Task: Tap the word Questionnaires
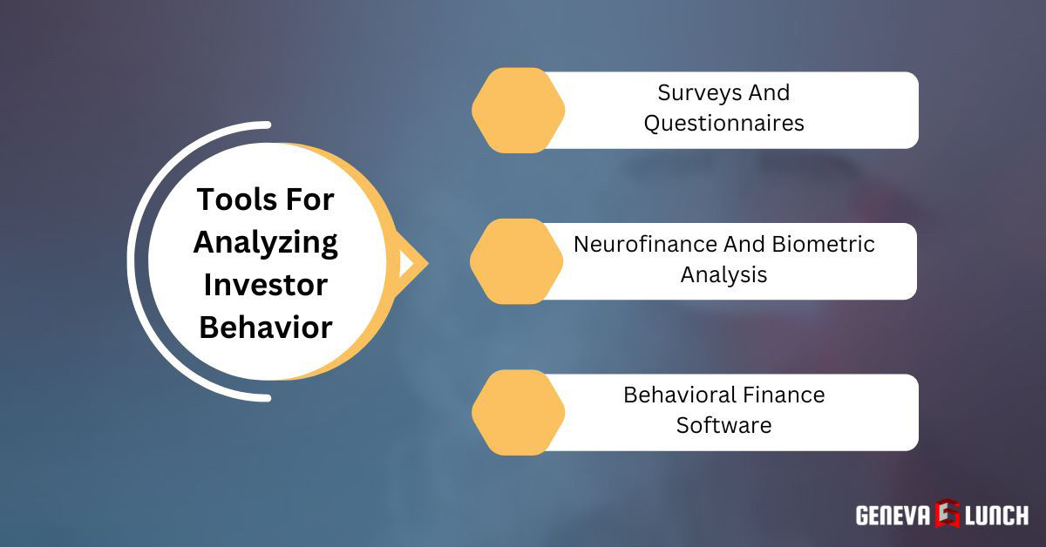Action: tap(723, 124)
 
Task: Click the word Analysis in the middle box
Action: tap(723, 275)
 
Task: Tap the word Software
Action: tap(723, 426)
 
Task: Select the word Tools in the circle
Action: tap(228, 199)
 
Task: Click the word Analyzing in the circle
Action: tap(266, 243)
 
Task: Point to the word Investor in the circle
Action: tap(266, 285)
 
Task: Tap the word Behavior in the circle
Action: tap(266, 328)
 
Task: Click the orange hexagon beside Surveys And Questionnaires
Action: tap(518, 110)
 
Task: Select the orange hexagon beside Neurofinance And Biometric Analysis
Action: tap(518, 260)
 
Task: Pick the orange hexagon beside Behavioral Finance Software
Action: tap(518, 412)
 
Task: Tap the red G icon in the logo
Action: tap(947, 514)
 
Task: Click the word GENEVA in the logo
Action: tap(893, 515)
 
